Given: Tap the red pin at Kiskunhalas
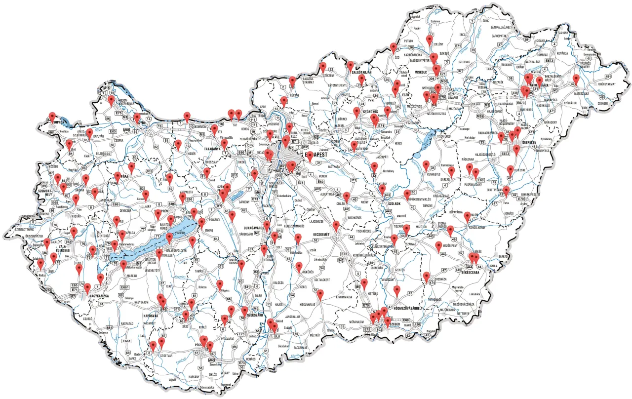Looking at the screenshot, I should (x=320, y=295).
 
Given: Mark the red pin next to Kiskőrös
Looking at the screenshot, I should (x=299, y=266).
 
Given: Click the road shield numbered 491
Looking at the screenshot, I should (x=608, y=77).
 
